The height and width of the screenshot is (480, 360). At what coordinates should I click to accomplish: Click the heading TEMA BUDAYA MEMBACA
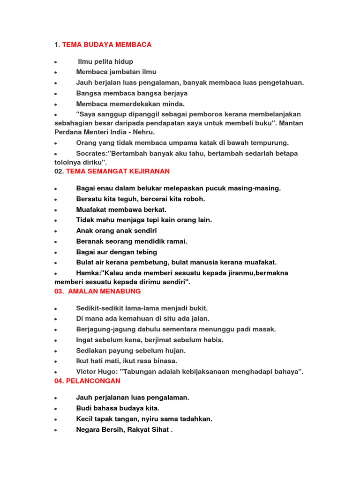point(107,45)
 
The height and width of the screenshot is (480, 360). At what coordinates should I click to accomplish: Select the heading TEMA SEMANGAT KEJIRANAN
point(118,171)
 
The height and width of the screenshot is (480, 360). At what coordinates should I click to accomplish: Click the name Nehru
point(144,132)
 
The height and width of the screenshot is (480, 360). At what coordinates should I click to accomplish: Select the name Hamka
point(88,273)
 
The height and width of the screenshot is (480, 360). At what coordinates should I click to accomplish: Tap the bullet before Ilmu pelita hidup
point(56,62)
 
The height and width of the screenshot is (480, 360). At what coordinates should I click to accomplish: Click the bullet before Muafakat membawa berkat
point(56,210)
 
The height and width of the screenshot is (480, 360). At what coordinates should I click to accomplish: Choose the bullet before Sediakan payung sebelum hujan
point(56,351)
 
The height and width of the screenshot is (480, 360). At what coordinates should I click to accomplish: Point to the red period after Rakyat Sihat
point(172,430)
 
